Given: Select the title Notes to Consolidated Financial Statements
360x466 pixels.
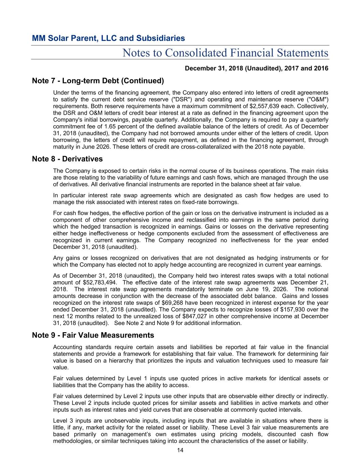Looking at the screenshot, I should (225, 53).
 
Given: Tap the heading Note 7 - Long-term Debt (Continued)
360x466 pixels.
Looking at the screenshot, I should (98, 81).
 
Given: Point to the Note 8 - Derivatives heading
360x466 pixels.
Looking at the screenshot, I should (67, 159).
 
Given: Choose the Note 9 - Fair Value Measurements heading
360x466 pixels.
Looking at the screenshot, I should (93, 335).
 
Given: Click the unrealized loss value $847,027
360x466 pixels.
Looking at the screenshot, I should (195, 316).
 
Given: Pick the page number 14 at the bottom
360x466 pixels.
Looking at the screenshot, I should (180, 451).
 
